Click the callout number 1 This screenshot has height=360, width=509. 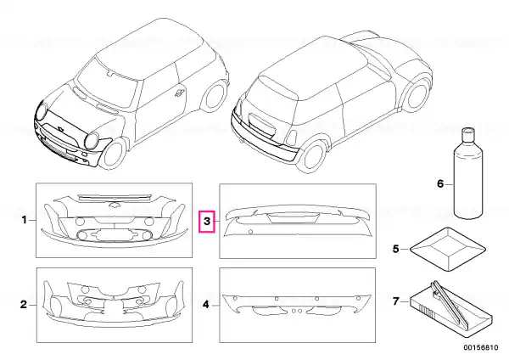pos(24,220)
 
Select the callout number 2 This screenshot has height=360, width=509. pos(24,305)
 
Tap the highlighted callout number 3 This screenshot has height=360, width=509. pos(207,222)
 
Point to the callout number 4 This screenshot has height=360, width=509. pos(206,305)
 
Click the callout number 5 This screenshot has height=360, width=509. pos(395,249)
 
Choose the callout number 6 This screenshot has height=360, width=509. pos(440,184)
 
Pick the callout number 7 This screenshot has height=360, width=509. pos(395,301)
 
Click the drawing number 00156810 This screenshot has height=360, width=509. pos(480,347)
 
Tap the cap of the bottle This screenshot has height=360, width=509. pos(467,132)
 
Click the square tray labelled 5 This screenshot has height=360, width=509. pos(448,249)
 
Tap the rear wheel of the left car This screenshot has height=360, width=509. pos(215,96)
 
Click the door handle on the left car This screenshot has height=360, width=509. pos(179,93)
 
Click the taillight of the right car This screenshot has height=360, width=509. pos(291,138)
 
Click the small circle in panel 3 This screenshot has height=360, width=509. pos(250,232)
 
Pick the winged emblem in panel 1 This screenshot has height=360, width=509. pos(114,205)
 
